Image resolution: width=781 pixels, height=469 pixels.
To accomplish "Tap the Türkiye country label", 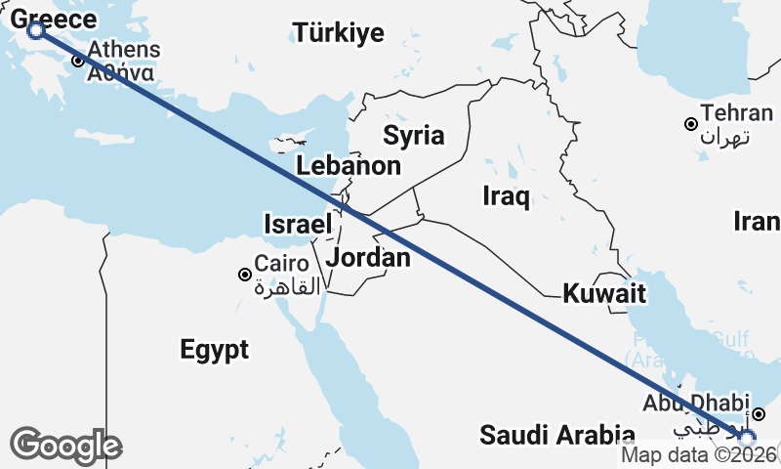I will point(340,33).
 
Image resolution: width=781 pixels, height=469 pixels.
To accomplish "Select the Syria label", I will point(413,135).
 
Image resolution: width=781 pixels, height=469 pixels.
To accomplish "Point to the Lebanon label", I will point(349,165).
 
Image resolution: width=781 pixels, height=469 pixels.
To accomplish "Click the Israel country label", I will point(298,224).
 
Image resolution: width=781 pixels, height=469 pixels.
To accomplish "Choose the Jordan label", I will point(368,258).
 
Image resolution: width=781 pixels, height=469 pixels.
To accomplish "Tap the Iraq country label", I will point(507,197).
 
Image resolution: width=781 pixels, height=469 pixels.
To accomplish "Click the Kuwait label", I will point(605,292).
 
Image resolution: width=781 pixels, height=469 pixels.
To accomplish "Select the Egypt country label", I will point(214,349).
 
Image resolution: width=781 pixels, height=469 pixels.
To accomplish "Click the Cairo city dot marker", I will point(245,275).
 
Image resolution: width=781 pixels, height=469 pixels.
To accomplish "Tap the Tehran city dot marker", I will point(690,124).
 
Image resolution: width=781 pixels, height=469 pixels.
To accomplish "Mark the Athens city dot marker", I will point(77,61).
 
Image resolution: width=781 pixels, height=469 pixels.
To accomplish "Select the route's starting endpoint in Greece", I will point(36,30).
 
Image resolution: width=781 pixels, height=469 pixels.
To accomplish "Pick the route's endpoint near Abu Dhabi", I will point(747,439).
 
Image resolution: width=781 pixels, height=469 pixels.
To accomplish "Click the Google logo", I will point(65,445).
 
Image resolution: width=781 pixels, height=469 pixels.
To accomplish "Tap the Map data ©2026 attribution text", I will point(700,454).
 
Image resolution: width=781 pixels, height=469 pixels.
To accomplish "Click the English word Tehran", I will point(729,112).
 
